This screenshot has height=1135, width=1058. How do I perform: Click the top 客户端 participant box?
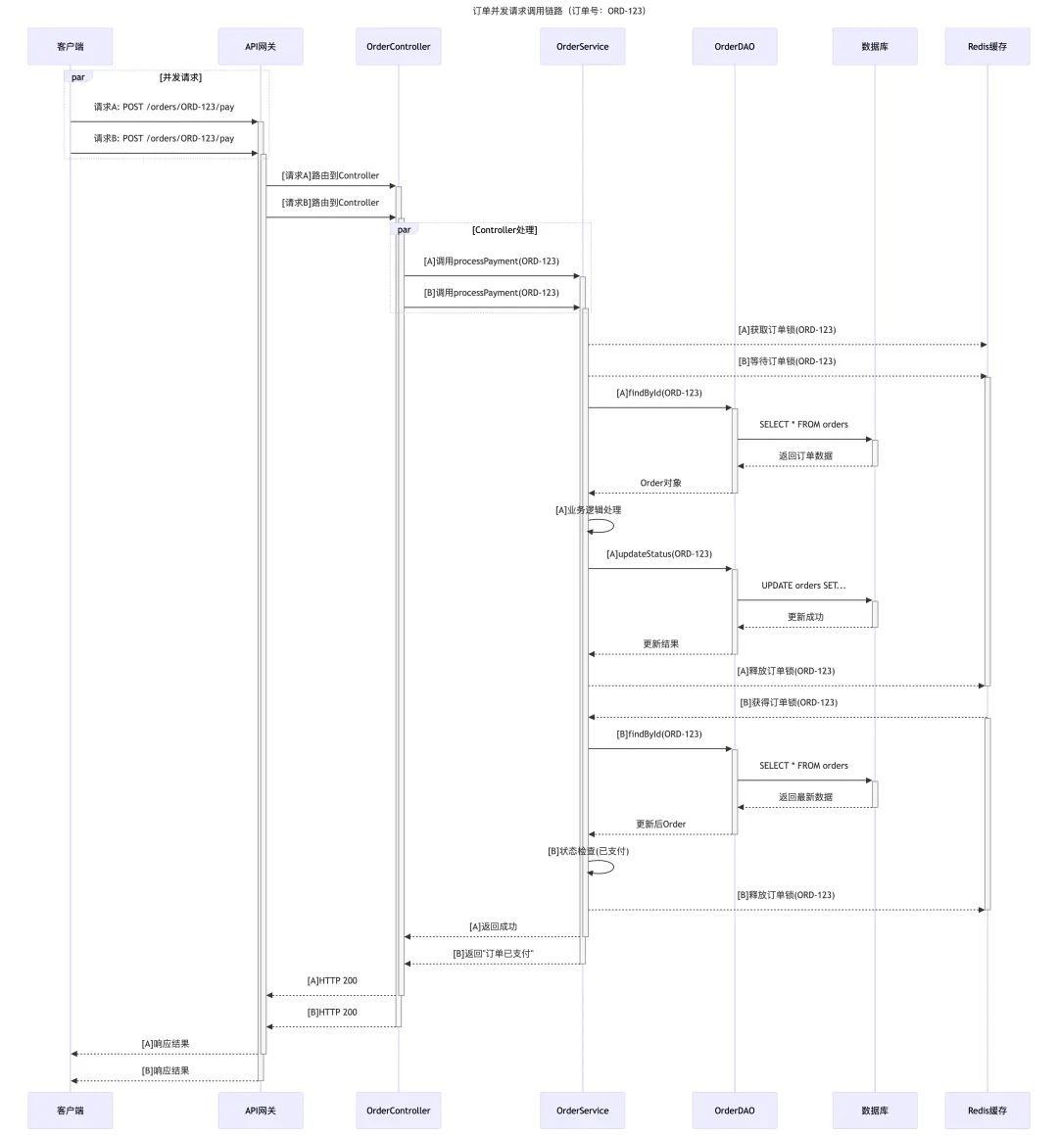coord(70,46)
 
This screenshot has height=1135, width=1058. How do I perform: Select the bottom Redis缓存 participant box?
coord(986,1111)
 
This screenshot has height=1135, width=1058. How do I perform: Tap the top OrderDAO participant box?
coord(734,46)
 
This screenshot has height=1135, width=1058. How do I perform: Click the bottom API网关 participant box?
coord(261,1111)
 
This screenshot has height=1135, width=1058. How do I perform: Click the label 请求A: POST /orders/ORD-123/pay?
coord(164,107)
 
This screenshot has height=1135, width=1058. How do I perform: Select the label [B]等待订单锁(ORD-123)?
coord(787,361)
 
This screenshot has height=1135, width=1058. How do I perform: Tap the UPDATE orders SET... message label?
coord(803,586)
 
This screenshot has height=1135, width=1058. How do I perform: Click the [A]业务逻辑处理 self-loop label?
coord(588,510)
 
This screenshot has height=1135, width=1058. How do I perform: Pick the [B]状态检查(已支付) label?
coord(588,851)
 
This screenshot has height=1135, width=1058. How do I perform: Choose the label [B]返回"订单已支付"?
coord(493,953)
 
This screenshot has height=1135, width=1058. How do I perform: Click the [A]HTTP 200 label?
coord(332,980)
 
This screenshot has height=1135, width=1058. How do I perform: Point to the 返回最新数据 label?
coord(805,797)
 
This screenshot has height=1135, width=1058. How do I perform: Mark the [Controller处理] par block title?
coord(505,230)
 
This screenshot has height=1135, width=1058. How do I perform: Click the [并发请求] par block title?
coord(180,77)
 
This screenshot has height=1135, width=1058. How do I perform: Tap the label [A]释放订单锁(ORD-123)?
coord(786,671)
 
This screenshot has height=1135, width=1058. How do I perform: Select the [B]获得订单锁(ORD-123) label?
coord(789,702)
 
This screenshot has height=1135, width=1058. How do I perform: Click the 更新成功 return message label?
coord(805,617)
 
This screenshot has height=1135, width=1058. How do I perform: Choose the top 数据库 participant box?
coord(875,46)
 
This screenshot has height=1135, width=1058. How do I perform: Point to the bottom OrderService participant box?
coord(582,1111)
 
